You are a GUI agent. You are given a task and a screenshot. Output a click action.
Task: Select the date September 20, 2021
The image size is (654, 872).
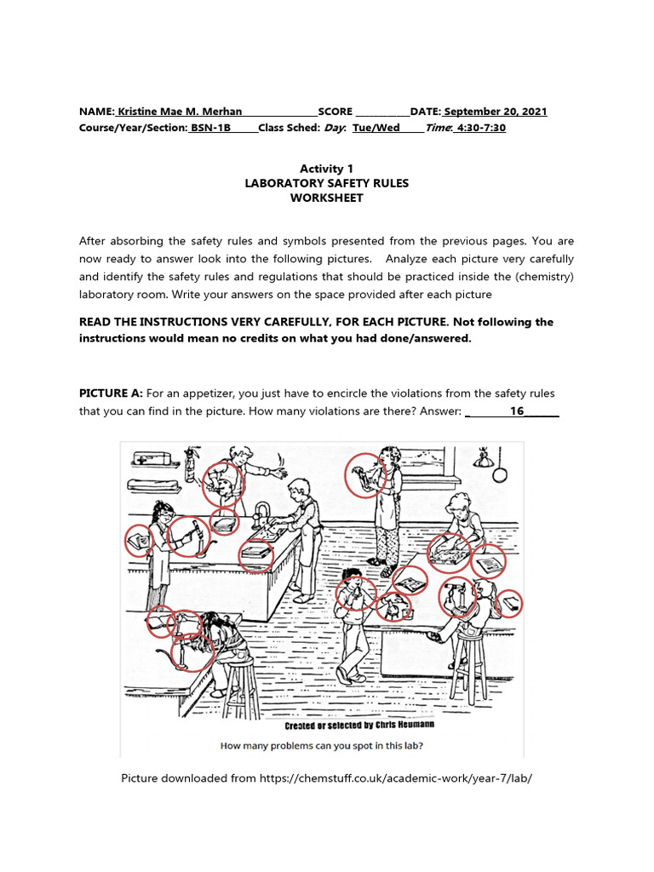[x=495, y=112]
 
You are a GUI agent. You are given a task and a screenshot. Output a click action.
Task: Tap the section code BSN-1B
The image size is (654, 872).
[x=210, y=128]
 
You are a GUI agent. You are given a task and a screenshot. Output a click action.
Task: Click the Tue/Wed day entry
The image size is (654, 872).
[x=376, y=128]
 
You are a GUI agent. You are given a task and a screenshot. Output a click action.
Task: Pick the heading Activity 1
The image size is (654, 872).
[x=326, y=169]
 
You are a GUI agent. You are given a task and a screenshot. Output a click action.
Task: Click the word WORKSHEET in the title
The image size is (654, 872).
[x=326, y=198]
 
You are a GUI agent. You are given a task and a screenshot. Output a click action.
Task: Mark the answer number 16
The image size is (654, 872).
[x=516, y=411]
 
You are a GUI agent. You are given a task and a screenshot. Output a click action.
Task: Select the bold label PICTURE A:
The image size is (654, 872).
[x=111, y=393]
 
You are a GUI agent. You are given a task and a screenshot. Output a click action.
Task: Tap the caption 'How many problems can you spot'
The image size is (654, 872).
[x=321, y=746]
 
